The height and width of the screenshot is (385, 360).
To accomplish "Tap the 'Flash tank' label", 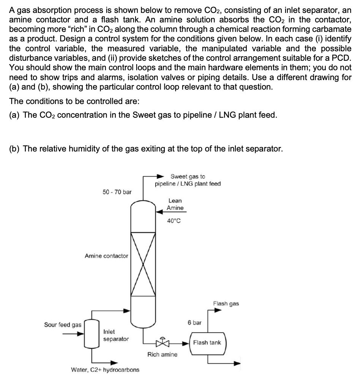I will pos(207,342).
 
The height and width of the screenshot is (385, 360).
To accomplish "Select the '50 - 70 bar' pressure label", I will pos(117,192).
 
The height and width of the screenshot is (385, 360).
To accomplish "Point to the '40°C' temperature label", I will pos(174,221).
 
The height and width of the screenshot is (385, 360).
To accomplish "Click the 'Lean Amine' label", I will pos(175,204).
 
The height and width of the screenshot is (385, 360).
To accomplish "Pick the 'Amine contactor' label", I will pos(106,256).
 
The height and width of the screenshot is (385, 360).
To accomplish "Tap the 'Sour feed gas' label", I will pos(63,325).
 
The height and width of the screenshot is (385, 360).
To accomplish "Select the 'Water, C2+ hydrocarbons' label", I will pos(105,369).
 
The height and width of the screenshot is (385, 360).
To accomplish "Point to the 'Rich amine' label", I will pos(162,355).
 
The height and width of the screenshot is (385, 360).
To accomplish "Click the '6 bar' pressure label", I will pos(194,323).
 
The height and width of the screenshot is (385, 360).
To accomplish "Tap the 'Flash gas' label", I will pos(226,303).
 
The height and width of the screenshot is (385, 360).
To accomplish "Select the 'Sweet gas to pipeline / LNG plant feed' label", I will pos(188,180).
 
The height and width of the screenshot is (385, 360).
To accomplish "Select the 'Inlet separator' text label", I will pos(116,335).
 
